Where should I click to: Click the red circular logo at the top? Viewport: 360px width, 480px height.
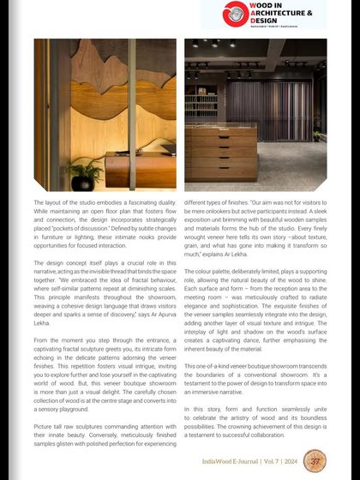[233, 14]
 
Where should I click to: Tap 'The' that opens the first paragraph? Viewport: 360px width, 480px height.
[39, 202]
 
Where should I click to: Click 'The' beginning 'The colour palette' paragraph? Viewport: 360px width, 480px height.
[190, 273]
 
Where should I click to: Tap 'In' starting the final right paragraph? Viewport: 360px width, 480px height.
[188, 411]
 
